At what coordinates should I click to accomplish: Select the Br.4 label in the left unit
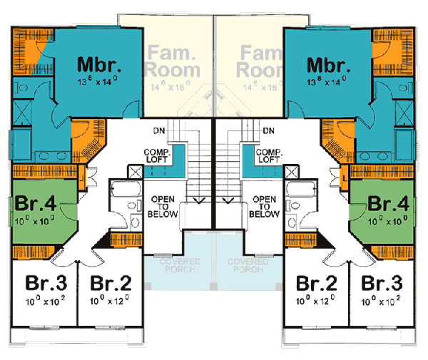[x=35, y=202]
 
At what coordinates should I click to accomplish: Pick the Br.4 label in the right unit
[x=388, y=202]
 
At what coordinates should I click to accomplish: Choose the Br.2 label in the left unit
[x=110, y=282]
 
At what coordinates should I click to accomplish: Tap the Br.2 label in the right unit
[x=317, y=282]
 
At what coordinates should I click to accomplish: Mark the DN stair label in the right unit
[x=269, y=131]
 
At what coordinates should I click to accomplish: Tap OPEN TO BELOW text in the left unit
[x=163, y=206]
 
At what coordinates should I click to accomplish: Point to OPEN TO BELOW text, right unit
[x=265, y=206]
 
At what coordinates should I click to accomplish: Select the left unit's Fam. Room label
[x=171, y=61]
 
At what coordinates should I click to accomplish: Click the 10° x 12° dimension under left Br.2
[x=110, y=301]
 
